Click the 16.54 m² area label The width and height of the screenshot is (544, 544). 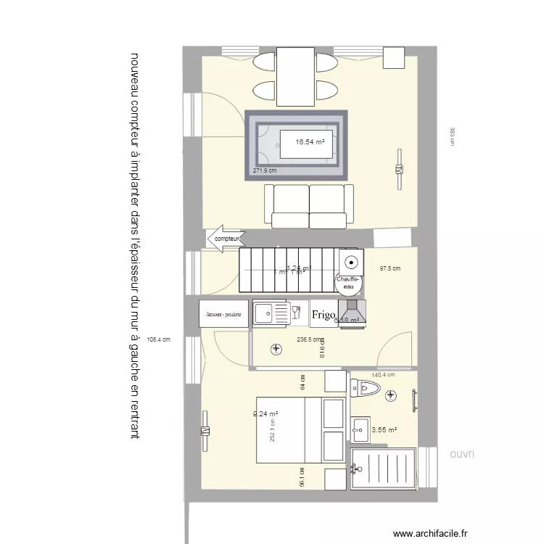pyautogui.click(x=309, y=142)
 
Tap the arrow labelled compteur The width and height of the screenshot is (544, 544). pyautogui.click(x=226, y=238)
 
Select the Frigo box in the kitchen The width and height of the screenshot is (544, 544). pyautogui.click(x=323, y=315)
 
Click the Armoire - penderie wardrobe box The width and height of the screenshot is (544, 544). pyautogui.click(x=224, y=315)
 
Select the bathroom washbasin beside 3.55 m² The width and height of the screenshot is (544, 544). pyautogui.click(x=360, y=429)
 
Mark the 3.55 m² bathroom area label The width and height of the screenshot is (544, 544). pyautogui.click(x=384, y=430)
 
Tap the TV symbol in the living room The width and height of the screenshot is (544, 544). pyautogui.click(x=398, y=169)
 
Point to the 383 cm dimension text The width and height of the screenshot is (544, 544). pyautogui.click(x=451, y=137)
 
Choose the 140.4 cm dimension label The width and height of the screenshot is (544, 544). pyautogui.click(x=383, y=375)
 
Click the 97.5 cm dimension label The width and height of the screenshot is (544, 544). pyautogui.click(x=390, y=268)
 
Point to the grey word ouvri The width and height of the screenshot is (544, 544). pyautogui.click(x=461, y=454)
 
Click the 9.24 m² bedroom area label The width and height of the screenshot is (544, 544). pyautogui.click(x=265, y=414)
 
